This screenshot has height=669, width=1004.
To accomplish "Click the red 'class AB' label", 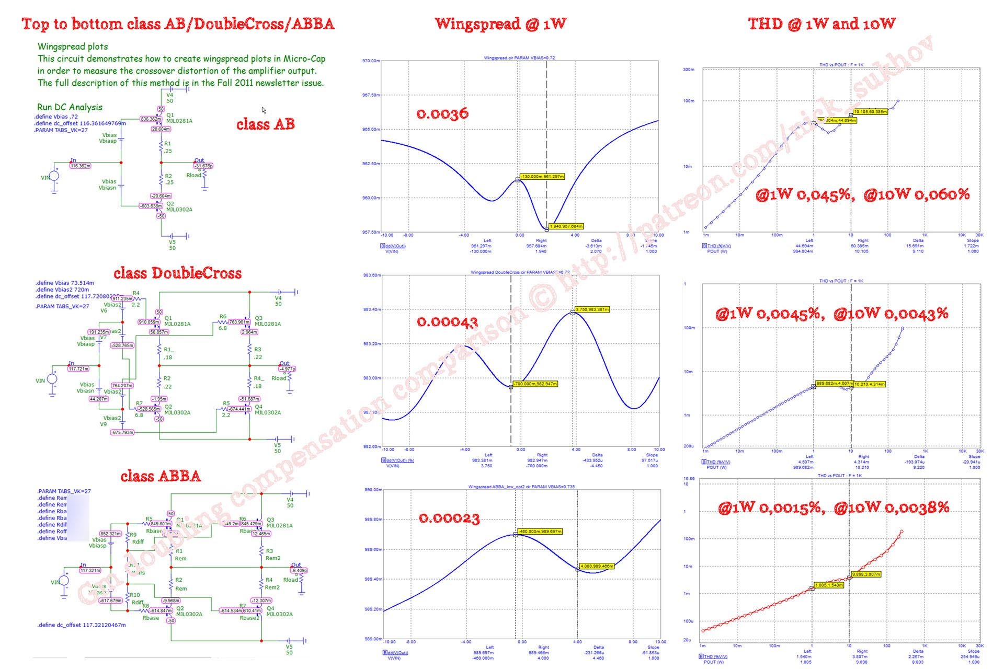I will [x=265, y=124].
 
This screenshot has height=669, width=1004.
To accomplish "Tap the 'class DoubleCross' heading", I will [x=177, y=273].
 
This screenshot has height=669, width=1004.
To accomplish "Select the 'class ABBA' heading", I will [x=161, y=476].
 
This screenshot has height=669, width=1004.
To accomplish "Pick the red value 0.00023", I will [x=449, y=518].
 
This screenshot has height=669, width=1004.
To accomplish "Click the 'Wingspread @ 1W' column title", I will [x=500, y=24].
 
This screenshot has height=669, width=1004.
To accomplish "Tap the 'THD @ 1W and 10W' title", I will [x=822, y=24].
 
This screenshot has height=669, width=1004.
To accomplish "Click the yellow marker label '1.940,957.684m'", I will [x=566, y=226].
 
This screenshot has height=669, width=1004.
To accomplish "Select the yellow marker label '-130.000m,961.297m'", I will [x=543, y=177].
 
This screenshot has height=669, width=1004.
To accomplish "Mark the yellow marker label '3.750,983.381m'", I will [x=592, y=309].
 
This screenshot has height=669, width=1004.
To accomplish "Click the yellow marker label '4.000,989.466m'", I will [x=596, y=566].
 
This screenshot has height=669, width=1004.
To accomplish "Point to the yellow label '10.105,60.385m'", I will [x=870, y=112].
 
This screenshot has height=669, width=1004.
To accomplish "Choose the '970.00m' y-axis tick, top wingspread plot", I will [x=371, y=61].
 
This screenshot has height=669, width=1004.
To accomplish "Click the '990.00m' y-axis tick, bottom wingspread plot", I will [x=373, y=490].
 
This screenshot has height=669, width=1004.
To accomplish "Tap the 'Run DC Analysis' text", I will [x=70, y=107].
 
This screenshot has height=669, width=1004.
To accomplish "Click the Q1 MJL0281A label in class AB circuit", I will [x=179, y=118].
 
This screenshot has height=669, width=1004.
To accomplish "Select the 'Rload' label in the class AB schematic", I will [x=193, y=175].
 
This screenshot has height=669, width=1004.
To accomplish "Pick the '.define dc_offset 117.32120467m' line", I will [x=82, y=625].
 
